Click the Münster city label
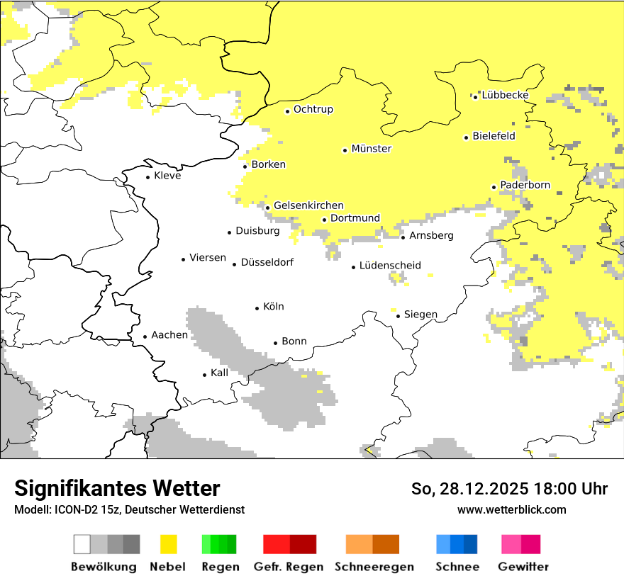(x=372, y=149)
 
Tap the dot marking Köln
(x=257, y=308)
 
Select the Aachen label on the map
(x=169, y=335)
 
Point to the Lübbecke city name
(x=505, y=96)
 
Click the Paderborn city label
(x=525, y=186)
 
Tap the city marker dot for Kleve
(x=148, y=177)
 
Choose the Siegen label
(x=420, y=315)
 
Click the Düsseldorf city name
(x=267, y=263)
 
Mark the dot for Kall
(x=205, y=375)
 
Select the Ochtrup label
(x=313, y=110)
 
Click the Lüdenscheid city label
(x=390, y=266)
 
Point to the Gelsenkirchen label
(x=308, y=205)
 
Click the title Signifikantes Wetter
(x=117, y=489)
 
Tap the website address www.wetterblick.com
(x=511, y=509)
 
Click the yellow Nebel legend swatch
(x=169, y=544)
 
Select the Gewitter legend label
(x=523, y=567)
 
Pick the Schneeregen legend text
(x=374, y=567)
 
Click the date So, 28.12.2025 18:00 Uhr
(x=509, y=489)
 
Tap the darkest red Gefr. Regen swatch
(x=303, y=544)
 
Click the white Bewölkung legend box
(x=82, y=544)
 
